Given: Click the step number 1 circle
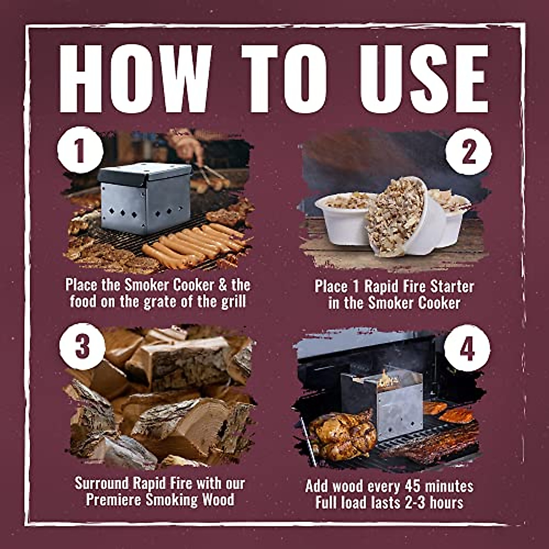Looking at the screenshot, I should point(80,150).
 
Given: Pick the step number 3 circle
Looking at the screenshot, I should point(82,346).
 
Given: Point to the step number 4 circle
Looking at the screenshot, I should point(467,350).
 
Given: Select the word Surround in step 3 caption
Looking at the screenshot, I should point(103,484).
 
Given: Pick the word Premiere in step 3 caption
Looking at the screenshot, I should point(114,500).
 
